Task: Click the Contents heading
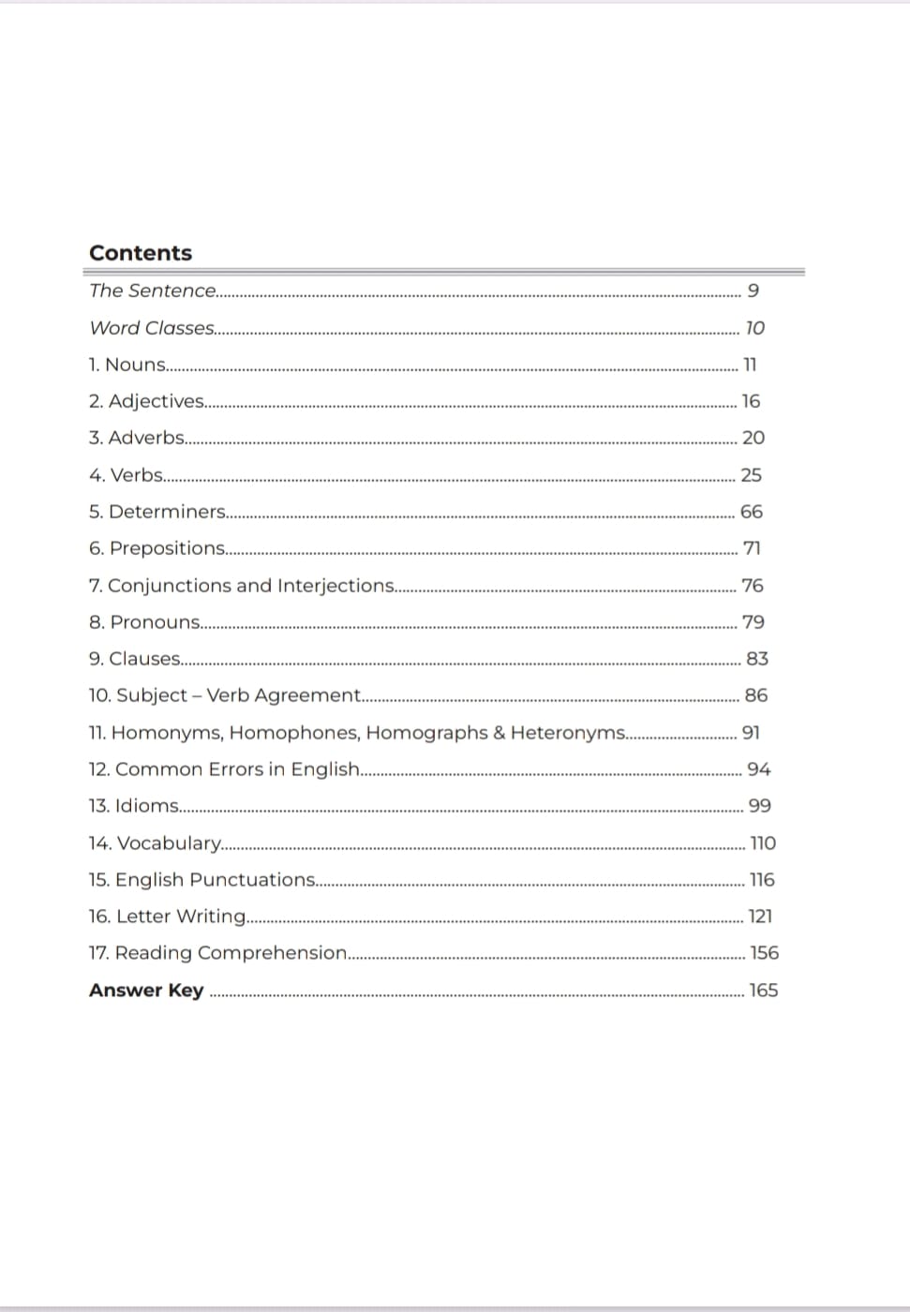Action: [141, 253]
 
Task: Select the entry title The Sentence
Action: [153, 291]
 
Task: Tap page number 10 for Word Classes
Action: [754, 328]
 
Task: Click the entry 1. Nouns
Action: [127, 365]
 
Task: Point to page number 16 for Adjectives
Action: [751, 401]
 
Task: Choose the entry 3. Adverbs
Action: [137, 438]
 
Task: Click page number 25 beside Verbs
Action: [751, 475]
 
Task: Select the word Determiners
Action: [167, 512]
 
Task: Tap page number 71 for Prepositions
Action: [752, 548]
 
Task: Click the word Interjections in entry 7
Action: [336, 586]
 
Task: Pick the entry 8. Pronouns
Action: [144, 622]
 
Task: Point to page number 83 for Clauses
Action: [757, 659]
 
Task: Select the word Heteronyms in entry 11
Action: [568, 733]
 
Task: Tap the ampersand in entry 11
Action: [499, 733]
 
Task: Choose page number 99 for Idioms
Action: [760, 806]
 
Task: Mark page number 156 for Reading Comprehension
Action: [765, 953]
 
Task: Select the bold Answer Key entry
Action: [146, 991]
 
